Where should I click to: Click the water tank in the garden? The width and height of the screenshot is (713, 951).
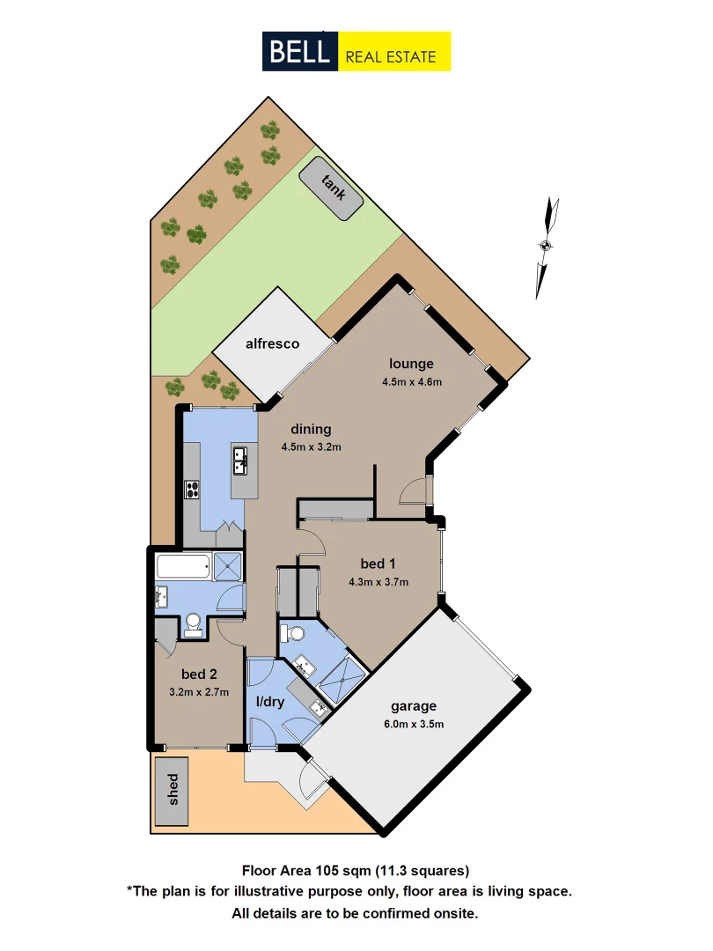point(331,188)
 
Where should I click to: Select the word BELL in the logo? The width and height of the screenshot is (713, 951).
point(299,51)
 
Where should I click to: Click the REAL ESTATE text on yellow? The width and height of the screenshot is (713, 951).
point(392,56)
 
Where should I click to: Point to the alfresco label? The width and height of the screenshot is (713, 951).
point(273,343)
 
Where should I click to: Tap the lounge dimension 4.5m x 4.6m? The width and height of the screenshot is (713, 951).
point(411,382)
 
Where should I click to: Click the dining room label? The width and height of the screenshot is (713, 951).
point(311,430)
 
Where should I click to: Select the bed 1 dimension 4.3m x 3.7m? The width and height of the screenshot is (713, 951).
point(379,581)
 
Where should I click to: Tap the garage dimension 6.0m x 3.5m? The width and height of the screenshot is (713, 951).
point(414,725)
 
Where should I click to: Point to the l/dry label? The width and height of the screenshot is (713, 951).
point(268,703)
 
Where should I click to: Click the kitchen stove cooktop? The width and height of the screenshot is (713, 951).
point(193,490)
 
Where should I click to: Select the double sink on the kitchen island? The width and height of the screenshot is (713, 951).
point(239,457)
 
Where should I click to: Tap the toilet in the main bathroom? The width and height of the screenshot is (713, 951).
point(193,626)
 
